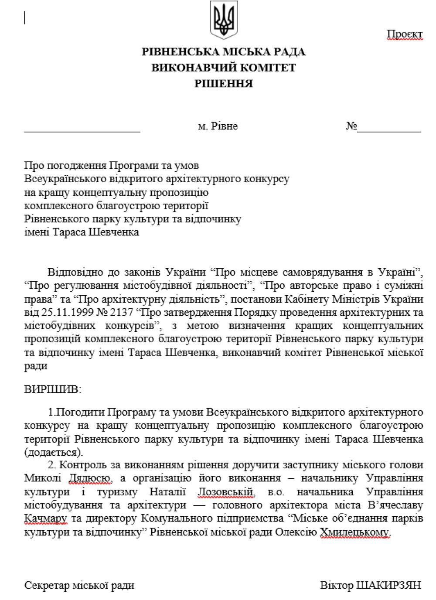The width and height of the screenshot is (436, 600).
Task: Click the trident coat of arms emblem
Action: click(224, 20)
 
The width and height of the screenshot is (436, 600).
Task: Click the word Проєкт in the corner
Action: click(405, 34)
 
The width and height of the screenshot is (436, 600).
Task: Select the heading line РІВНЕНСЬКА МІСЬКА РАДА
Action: click(223, 52)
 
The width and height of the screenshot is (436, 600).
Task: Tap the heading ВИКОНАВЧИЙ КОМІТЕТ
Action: click(223, 68)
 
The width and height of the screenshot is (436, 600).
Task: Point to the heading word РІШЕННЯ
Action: click(223, 83)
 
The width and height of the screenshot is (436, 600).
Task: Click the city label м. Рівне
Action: click(218, 126)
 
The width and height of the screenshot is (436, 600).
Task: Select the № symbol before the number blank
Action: click(351, 126)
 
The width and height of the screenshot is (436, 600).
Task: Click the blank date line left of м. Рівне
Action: click(82, 129)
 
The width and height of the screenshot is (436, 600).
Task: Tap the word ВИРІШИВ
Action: click(52, 389)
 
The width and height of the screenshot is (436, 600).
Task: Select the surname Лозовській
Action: click(226, 492)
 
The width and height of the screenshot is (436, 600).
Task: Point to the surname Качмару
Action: click(45, 519)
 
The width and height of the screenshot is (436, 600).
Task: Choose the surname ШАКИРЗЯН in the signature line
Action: click(388, 585)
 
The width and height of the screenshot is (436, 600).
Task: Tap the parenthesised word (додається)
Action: click(53, 452)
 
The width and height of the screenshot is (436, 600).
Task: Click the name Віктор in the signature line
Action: click(336, 585)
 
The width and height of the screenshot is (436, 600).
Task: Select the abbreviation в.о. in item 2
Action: click(276, 492)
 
